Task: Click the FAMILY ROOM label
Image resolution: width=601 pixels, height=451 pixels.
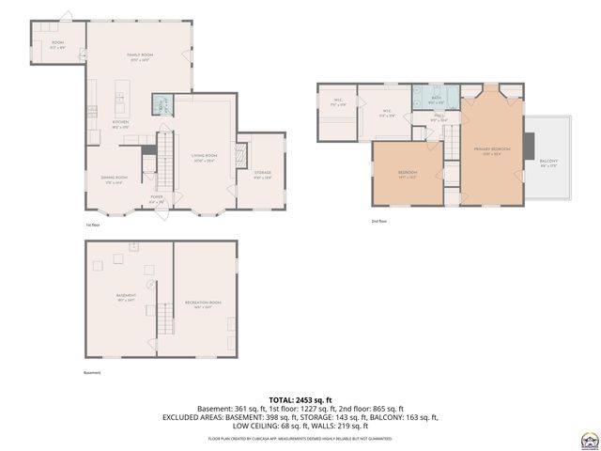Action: coord(140,57)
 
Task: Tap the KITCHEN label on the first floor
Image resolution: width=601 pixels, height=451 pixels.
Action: coord(121,123)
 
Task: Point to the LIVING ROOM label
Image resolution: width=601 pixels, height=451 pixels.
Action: coord(204,157)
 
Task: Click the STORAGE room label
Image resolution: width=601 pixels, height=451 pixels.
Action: coord(262,174)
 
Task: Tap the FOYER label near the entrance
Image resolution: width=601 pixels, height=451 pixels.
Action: coord(156,198)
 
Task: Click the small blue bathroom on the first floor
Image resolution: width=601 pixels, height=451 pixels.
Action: coord(162,104)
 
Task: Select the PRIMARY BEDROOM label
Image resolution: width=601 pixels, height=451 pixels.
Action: coord(491,149)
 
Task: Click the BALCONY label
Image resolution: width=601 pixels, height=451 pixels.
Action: coord(548,163)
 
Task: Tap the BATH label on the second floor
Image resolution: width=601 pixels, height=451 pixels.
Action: coord(437,99)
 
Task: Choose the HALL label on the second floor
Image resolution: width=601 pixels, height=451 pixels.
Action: coord(439,117)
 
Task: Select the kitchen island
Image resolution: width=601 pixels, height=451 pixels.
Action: coord(121,93)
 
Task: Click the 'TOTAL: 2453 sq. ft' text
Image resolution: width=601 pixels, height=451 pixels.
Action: coord(300,399)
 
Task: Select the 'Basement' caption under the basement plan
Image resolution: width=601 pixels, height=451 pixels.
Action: coord(90,372)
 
